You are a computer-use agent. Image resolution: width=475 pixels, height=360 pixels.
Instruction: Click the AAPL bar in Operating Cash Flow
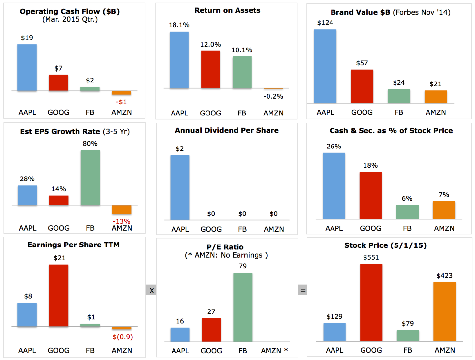click(27, 67)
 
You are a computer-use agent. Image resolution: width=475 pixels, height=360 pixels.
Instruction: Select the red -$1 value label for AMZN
click(121, 102)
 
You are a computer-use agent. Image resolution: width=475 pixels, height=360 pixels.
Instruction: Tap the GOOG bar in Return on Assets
click(210, 69)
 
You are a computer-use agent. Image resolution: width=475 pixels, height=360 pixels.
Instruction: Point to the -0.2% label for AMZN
click(273, 96)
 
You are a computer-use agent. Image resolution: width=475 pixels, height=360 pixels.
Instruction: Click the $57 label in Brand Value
click(362, 63)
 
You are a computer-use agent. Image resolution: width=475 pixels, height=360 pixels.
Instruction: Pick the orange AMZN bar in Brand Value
click(435, 97)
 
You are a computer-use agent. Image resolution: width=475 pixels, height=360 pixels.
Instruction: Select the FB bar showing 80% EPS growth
click(90, 178)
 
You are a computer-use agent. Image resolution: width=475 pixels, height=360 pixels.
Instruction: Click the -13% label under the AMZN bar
click(121, 221)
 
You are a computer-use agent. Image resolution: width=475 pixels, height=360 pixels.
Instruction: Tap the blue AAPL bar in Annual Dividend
click(180, 187)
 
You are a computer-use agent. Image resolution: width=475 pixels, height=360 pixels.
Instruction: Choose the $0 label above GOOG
click(211, 214)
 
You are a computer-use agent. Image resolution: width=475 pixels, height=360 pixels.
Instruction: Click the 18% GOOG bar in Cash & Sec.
click(370, 195)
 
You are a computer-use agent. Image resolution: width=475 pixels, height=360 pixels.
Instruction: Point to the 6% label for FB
click(407, 198)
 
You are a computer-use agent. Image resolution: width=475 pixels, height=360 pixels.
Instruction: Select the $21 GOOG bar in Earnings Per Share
click(59, 295)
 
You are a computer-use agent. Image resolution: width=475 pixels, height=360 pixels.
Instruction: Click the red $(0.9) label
click(123, 337)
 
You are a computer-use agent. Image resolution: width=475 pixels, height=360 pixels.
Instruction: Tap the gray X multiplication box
click(151, 290)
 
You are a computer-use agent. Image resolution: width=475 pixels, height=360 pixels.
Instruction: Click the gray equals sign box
click(302, 290)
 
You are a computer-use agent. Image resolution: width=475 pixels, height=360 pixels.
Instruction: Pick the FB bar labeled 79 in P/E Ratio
click(243, 307)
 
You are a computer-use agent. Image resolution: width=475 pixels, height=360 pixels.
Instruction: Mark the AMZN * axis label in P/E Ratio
click(274, 351)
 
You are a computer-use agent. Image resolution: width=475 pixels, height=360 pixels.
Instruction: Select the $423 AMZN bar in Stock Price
click(444, 311)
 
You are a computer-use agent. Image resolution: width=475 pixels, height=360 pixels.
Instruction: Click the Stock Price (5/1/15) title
click(385, 245)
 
